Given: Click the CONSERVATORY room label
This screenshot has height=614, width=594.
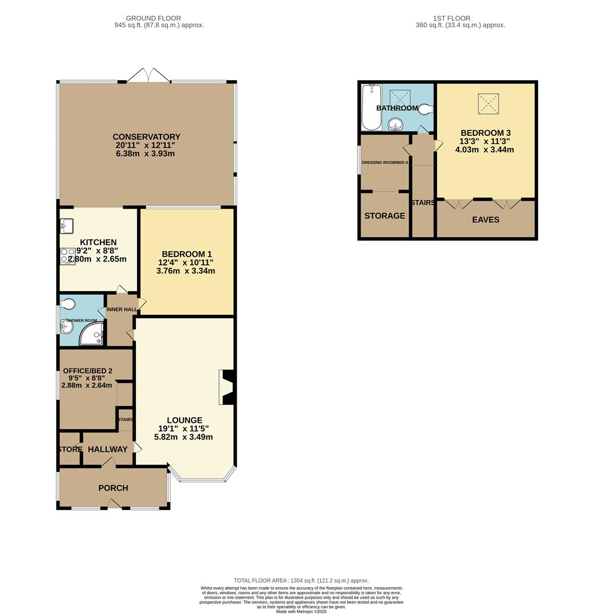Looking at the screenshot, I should click(146, 137).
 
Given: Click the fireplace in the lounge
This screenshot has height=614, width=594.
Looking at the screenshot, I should click(227, 387).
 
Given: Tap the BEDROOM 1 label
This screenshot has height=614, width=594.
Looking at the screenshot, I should click(187, 254).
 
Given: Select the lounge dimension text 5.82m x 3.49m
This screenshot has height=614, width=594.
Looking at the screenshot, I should click(183, 437).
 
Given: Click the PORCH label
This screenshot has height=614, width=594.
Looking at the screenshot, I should click(113, 488).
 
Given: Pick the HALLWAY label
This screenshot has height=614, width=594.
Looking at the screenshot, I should click(108, 449).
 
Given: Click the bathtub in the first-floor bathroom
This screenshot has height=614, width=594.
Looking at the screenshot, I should click(371, 107).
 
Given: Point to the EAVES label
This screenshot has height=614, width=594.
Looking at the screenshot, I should click(485, 219).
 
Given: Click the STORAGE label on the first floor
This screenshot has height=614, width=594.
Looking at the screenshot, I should click(385, 216).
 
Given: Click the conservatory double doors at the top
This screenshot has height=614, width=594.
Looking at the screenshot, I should click(148, 76).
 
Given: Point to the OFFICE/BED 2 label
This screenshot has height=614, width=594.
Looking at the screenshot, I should click(88, 371).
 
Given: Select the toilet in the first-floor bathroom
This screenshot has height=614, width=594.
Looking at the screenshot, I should click(425, 109).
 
